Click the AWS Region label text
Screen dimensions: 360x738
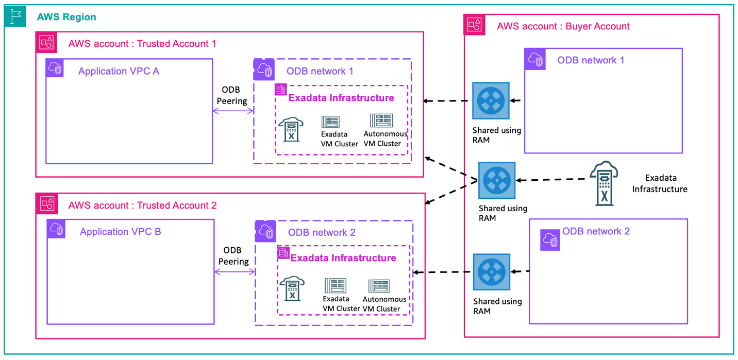click(x=66, y=17)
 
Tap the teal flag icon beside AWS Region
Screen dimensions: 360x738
click(x=16, y=16)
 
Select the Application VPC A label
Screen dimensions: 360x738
click(x=119, y=72)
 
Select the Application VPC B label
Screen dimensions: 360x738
click(x=120, y=232)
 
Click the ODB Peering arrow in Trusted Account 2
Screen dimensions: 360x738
click(x=234, y=271)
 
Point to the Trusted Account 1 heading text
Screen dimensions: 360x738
click(x=142, y=44)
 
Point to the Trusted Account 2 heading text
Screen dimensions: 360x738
click(x=142, y=205)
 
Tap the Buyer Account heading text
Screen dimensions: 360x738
click(x=563, y=26)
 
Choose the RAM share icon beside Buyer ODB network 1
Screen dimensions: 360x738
click(x=491, y=101)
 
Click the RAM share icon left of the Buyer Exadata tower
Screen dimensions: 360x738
click(x=496, y=180)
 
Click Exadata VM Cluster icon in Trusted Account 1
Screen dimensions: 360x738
click(x=331, y=122)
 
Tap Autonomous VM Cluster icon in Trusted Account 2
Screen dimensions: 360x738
click(x=379, y=286)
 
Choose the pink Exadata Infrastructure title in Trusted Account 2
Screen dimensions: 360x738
click(x=343, y=258)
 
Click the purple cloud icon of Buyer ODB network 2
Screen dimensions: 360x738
click(x=550, y=240)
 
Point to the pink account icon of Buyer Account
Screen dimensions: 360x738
click(x=474, y=25)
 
